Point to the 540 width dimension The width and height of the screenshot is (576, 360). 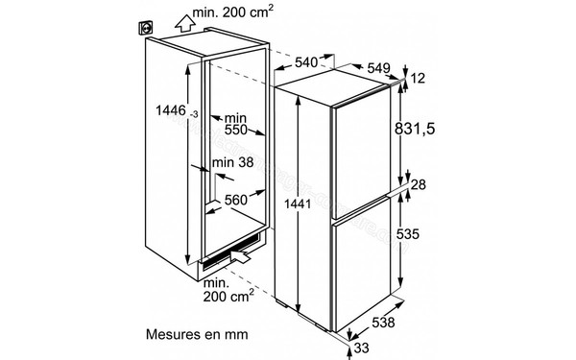[306, 61]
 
